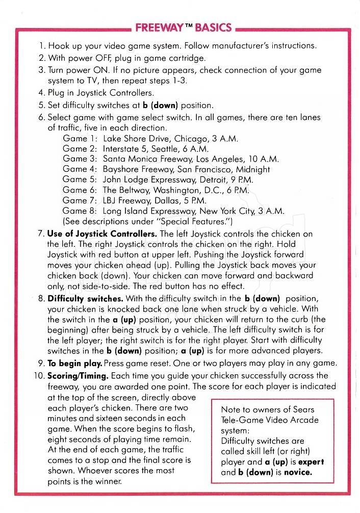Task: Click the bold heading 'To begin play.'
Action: pyautogui.click(x=75, y=363)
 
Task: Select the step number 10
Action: pyautogui.click(x=40, y=375)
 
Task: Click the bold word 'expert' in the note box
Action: pyautogui.click(x=307, y=462)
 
